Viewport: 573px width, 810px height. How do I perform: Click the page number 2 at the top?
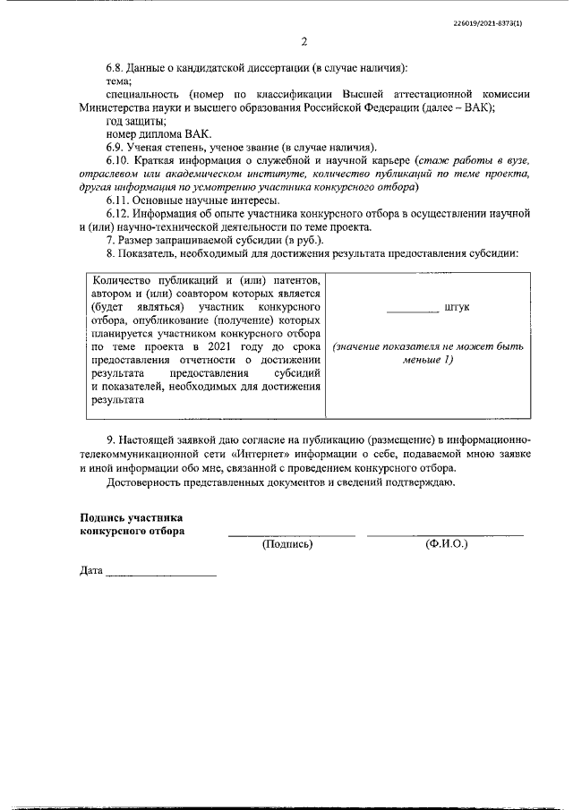coord(304,42)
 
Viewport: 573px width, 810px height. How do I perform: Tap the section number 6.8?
coord(116,67)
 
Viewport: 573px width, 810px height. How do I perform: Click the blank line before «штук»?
coord(413,310)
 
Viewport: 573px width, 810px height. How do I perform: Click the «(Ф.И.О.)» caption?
coord(446,543)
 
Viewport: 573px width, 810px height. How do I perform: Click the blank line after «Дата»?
coord(161,573)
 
